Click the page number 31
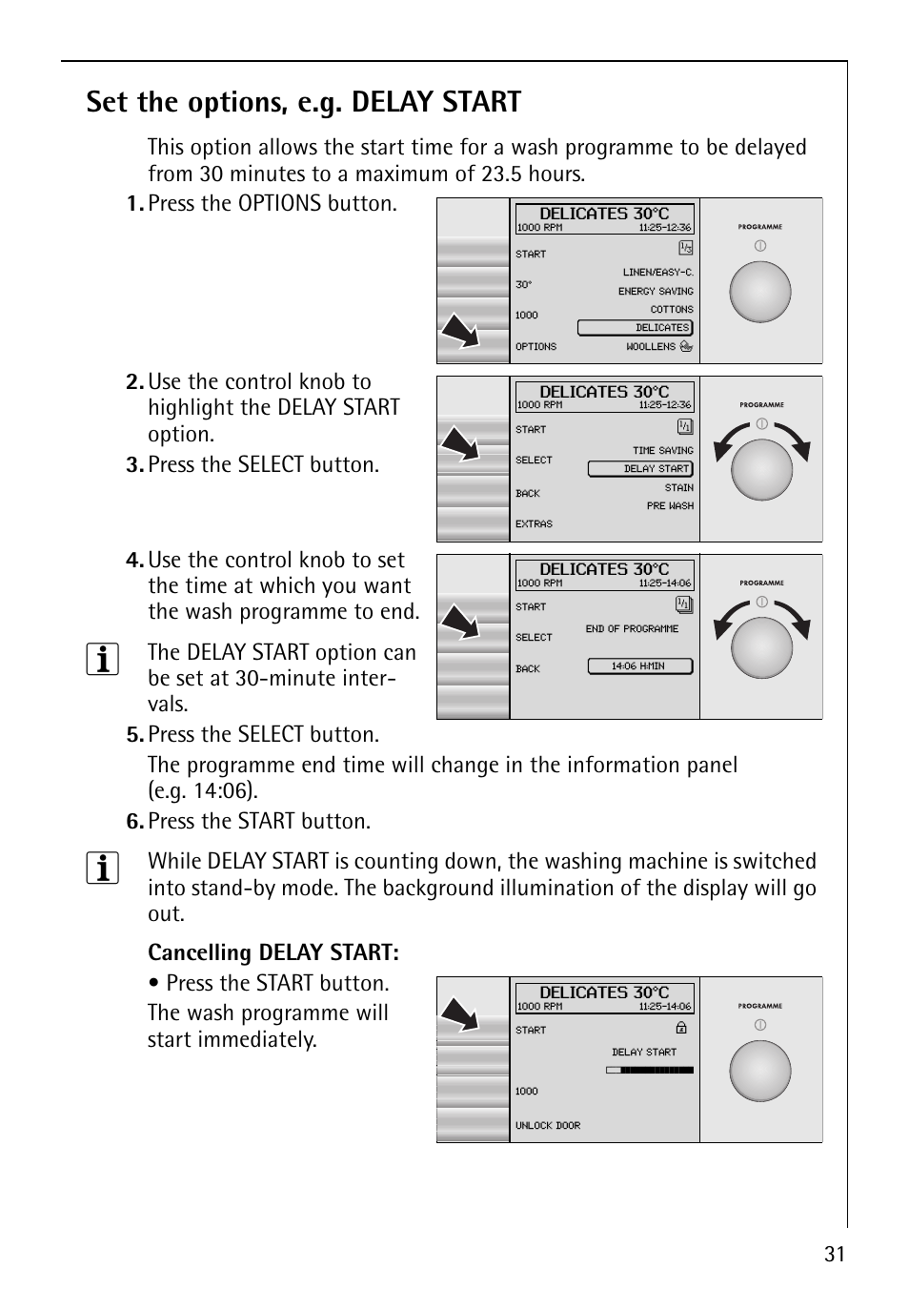click(834, 1255)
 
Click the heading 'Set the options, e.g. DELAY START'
click(303, 102)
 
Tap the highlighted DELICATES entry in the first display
click(635, 328)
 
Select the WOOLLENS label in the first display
click(651, 347)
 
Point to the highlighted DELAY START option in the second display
click(639, 469)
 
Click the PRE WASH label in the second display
click(670, 506)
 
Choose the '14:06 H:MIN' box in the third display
click(639, 666)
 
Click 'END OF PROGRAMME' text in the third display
click(632, 629)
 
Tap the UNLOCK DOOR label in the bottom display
click(548, 1126)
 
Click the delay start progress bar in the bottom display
click(650, 1071)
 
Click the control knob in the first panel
click(760, 292)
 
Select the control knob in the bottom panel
click(760, 1071)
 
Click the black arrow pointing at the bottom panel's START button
click(459, 1014)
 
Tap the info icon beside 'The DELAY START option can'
click(103, 659)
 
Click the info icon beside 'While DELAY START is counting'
click(103, 868)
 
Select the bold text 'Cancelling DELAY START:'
click(273, 952)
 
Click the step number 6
click(134, 822)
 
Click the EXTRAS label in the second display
click(534, 524)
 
